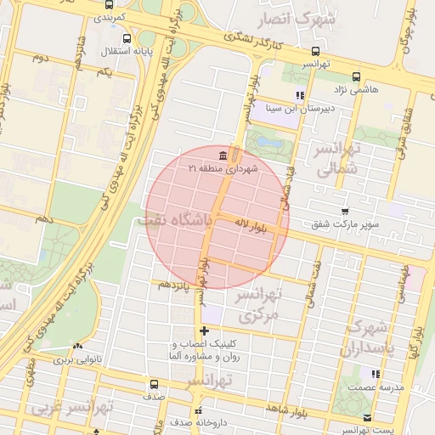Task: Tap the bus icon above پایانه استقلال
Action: [x=127, y=38]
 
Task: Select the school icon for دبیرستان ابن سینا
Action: [x=299, y=95]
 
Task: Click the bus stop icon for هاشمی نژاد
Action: [x=355, y=76]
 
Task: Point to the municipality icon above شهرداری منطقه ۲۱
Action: [x=223, y=155]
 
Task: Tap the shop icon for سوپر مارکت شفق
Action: [x=344, y=212]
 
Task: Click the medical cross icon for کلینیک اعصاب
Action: [x=204, y=330]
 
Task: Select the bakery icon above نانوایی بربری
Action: [x=78, y=346]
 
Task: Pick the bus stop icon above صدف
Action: [x=154, y=384]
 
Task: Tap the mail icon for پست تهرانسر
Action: [x=367, y=417]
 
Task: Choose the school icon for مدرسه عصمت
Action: [x=375, y=373]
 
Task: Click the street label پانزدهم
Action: [x=175, y=284]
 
